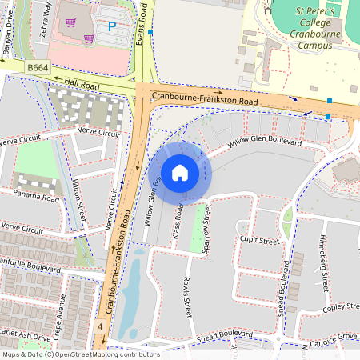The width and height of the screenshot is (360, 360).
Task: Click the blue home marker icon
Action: click(180, 172)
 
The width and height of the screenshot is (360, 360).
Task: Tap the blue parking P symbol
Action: click(112, 26)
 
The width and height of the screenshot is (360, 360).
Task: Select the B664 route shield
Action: click(38, 69)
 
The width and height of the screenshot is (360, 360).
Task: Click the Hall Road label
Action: click(82, 83)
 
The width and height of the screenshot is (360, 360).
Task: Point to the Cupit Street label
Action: click(258, 240)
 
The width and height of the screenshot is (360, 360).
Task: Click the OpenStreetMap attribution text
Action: click(80, 354)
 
